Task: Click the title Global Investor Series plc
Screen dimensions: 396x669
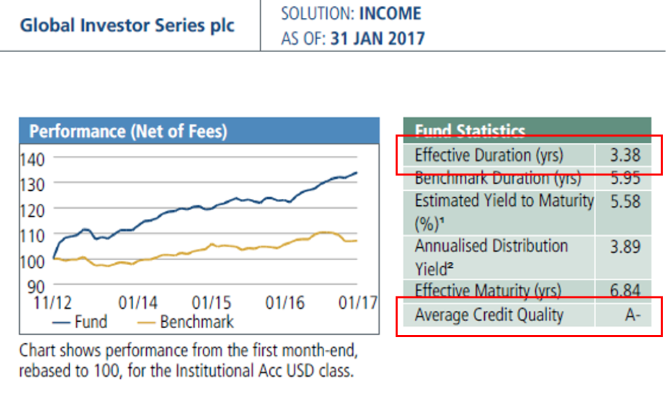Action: pos(127,26)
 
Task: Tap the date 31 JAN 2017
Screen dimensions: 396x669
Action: pos(377,38)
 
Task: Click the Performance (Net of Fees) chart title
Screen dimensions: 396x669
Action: pos(128,131)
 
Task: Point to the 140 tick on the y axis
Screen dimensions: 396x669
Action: pos(32,160)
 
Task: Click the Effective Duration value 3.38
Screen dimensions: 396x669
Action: pos(624,156)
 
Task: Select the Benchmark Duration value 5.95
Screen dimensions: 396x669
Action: pos(624,179)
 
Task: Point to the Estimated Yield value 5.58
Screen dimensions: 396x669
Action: pos(624,202)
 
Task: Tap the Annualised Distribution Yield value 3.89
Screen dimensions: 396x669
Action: pos(624,246)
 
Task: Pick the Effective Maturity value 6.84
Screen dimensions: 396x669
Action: pos(624,291)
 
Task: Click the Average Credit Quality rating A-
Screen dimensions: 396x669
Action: pos(630,316)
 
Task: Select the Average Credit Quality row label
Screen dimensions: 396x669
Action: pos(489,315)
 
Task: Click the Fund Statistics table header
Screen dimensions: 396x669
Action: pos(470,130)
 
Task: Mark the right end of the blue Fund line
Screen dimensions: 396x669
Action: pos(356,173)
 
